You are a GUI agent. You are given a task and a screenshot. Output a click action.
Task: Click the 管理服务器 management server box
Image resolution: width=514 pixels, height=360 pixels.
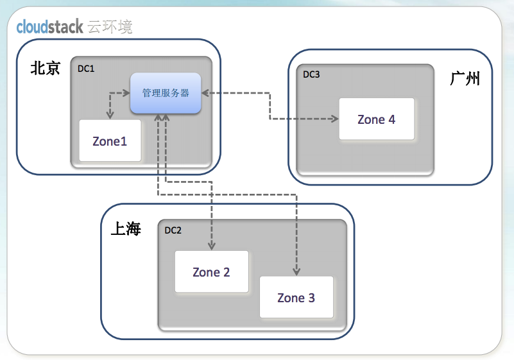pos(166,93)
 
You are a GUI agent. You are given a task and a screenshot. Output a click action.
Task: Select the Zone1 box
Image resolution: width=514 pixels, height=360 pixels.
pos(110,141)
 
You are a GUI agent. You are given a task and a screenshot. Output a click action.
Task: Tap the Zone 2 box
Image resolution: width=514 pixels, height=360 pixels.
pos(211,272)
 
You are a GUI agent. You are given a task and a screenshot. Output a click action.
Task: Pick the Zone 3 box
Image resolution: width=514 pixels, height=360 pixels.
pos(296,298)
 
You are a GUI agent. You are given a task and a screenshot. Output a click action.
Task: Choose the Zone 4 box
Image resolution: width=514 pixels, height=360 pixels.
pos(376,119)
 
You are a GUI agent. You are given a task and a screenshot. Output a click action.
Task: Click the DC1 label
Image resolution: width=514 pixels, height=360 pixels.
pos(86,68)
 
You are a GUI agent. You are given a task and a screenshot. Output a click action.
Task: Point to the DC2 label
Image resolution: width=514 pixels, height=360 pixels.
pos(173,230)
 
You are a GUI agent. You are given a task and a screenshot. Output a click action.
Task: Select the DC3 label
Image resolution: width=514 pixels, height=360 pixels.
pos(311,74)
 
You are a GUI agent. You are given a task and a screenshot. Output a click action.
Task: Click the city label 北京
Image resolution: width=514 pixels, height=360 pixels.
pos(46,69)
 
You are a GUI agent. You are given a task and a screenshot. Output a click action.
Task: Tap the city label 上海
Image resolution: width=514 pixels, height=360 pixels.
pos(126,229)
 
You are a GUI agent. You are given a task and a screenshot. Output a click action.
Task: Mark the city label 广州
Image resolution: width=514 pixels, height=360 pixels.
pos(465,79)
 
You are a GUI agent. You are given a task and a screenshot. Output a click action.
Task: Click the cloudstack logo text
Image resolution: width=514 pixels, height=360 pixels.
pos(49,27)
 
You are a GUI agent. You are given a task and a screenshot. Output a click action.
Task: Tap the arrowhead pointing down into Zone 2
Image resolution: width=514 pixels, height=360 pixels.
pos(211,246)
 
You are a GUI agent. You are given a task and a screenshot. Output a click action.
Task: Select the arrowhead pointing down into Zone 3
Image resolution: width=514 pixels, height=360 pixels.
pos(296,271)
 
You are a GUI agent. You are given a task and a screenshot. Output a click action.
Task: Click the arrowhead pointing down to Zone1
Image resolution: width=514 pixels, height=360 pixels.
pos(110,116)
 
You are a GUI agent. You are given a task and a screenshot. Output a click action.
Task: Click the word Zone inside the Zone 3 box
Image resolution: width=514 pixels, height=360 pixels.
pos(291,298)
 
